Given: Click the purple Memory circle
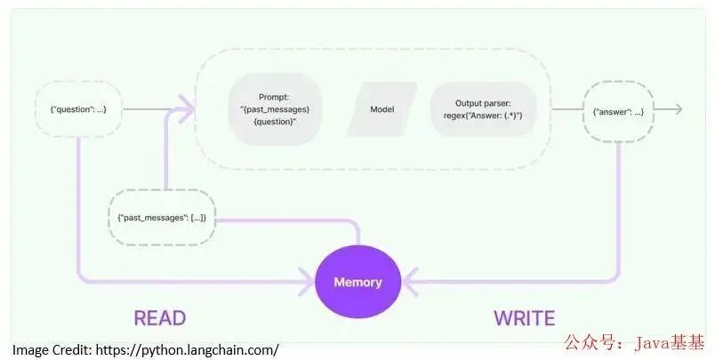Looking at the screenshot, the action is pos(358,282).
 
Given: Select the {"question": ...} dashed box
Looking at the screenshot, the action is pos(78,109).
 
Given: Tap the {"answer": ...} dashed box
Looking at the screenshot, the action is pos(618,112).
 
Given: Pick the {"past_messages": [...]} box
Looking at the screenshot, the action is pos(162,218).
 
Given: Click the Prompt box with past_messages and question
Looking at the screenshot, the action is pos(275,109).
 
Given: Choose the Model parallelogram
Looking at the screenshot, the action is pos(382,109).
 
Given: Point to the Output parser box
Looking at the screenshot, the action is pos(483,109).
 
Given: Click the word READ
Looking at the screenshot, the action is pos(159,318).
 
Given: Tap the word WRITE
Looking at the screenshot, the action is pos(525,318).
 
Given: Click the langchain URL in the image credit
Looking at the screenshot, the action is pos(188,350).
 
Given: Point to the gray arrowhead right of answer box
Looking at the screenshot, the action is pos(678,109).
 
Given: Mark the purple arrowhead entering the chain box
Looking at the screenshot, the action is pos(187,109).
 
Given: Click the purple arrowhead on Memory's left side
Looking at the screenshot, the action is pos(307,282).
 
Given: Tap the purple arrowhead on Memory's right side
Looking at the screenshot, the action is pos(410,282).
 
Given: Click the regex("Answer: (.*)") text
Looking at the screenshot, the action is pos(483,116).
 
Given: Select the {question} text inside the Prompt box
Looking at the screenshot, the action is pos(275,122).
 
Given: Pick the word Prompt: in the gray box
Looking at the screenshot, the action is pos(274,97).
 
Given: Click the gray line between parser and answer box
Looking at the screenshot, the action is pos(567,109).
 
